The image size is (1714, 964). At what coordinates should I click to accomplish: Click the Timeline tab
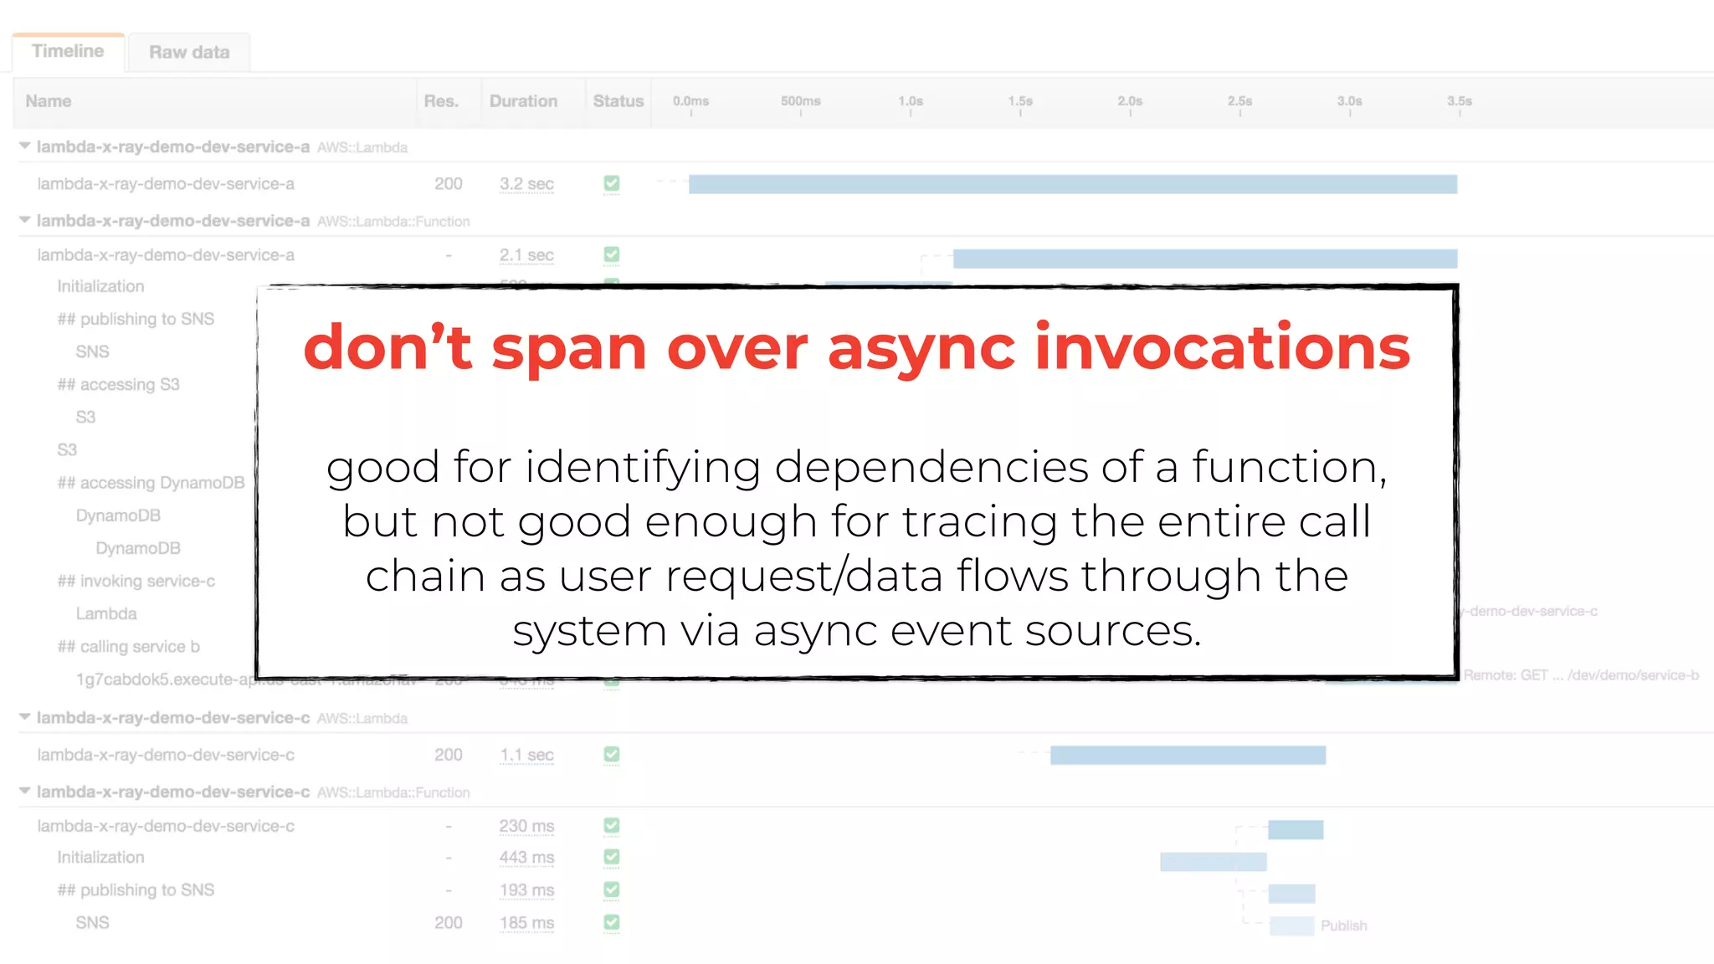click(x=68, y=52)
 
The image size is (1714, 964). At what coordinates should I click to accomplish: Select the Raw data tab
click(x=189, y=53)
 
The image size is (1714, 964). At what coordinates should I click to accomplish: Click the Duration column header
click(x=523, y=101)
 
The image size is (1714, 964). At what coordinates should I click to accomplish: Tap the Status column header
click(x=618, y=101)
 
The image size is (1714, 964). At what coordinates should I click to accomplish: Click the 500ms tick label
click(x=800, y=101)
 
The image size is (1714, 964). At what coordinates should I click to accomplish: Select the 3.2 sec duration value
click(x=526, y=184)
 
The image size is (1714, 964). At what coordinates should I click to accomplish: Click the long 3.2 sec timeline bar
click(x=1072, y=184)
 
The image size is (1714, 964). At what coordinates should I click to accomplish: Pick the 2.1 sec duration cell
click(x=526, y=255)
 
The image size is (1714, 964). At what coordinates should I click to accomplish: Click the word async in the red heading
click(x=921, y=347)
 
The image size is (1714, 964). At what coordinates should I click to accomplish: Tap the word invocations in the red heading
click(x=1222, y=347)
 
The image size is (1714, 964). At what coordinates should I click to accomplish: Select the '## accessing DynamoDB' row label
click(x=151, y=483)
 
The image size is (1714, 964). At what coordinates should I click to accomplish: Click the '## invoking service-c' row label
click(x=136, y=581)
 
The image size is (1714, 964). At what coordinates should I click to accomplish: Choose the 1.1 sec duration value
click(x=526, y=755)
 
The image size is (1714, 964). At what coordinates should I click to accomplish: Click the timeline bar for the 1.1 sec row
click(x=1188, y=756)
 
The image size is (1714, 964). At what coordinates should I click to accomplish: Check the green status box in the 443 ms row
click(x=612, y=857)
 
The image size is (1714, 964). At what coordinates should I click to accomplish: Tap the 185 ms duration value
click(x=526, y=923)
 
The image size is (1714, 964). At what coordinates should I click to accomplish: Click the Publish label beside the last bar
click(x=1343, y=926)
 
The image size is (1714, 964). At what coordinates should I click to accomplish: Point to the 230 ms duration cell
click(x=526, y=827)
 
